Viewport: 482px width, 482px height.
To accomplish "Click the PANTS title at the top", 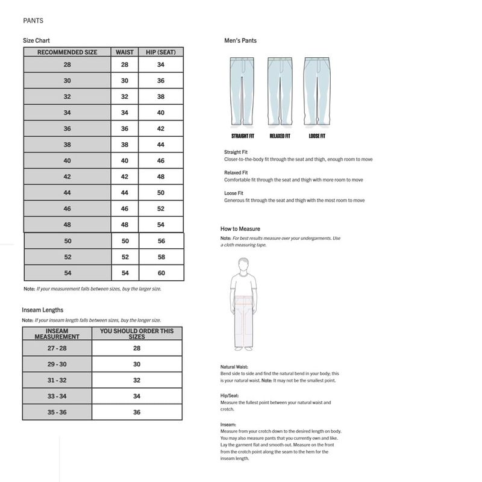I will [x=33, y=20].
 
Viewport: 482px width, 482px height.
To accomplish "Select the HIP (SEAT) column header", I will [x=161, y=52].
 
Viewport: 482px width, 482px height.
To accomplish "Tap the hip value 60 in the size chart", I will [x=161, y=273].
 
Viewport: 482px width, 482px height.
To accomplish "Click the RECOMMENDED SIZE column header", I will [x=67, y=52].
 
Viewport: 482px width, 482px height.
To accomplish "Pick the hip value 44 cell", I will [x=161, y=145].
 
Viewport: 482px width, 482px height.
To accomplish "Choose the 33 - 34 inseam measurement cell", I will [x=57, y=396].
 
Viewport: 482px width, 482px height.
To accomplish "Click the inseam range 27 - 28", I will [x=57, y=349].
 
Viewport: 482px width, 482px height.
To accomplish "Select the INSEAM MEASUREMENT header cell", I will [x=57, y=334].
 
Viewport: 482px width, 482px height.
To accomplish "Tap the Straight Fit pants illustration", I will [x=242, y=90].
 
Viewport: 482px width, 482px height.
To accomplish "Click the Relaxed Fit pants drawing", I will [x=279, y=90].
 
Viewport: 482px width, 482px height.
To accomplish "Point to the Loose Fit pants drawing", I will [x=317, y=90].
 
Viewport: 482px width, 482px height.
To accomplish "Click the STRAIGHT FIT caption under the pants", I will [x=242, y=137].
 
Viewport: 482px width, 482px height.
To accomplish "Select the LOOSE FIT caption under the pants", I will [x=317, y=137].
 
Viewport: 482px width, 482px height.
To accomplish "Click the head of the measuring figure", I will [x=244, y=264].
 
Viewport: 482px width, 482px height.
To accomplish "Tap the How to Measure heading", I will [x=240, y=230].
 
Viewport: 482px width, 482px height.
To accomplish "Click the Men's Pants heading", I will [x=240, y=41].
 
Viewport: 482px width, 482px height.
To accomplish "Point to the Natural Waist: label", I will [x=234, y=367].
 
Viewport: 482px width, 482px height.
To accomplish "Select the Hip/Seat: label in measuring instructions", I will [x=231, y=396].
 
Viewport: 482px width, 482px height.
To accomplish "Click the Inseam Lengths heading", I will [x=43, y=310].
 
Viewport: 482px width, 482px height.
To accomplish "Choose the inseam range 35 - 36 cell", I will [x=57, y=412].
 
